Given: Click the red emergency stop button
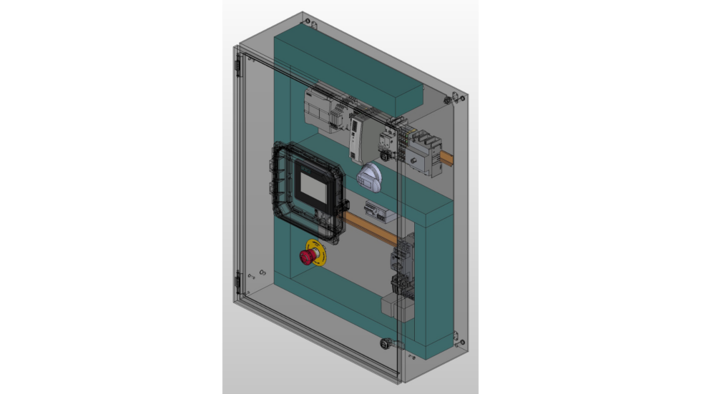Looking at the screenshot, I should coord(307,256).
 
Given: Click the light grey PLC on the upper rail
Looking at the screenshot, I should coord(326,112).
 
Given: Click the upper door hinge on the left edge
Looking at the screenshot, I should coord(237,64).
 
